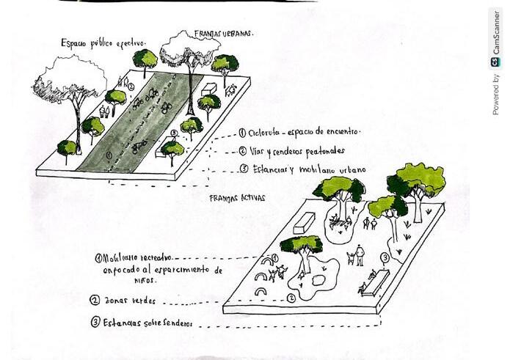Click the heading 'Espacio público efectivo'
[x=103, y=43]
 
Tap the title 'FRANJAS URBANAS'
[x=224, y=33]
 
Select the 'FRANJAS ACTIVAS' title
[x=237, y=198]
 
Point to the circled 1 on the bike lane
[x=109, y=155]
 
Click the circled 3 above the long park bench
[x=385, y=258]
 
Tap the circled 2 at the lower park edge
[x=291, y=298]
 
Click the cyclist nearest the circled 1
[x=139, y=145]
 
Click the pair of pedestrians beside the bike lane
[x=104, y=111]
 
